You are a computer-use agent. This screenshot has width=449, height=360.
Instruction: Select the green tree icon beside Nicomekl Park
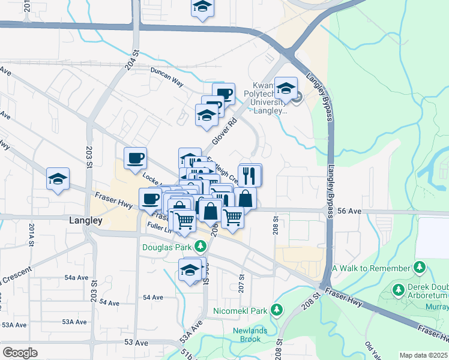pos(276,310)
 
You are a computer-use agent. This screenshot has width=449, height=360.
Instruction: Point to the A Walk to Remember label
pos(371,267)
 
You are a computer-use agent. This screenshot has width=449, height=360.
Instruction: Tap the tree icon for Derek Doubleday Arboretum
pos(397,290)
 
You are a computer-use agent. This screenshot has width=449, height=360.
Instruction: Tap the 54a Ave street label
pos(76,277)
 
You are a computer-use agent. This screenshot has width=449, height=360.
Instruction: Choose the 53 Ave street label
pos(136,343)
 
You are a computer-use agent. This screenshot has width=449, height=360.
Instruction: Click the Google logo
pos(20,353)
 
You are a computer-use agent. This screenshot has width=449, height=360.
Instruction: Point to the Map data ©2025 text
pos(423,355)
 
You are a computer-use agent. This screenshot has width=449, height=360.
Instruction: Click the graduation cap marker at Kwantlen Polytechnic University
pos(286,88)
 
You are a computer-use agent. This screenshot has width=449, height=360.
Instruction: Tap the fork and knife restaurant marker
pos(249,176)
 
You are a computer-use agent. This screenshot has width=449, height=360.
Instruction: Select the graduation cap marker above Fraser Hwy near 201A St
pos(58,179)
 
